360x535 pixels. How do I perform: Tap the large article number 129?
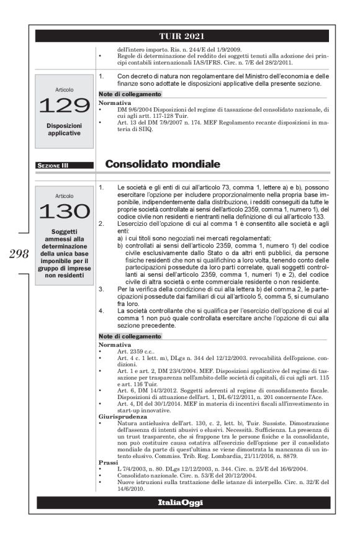pos(65,106)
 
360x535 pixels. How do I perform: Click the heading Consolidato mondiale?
pos(163,164)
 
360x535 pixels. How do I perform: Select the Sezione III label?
pos(53,166)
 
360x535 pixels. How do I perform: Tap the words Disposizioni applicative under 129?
pos(65,129)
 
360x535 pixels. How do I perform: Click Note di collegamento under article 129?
pos(130,94)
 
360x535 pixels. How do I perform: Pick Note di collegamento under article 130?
pos(130,336)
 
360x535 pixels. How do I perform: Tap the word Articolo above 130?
pos(65,195)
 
